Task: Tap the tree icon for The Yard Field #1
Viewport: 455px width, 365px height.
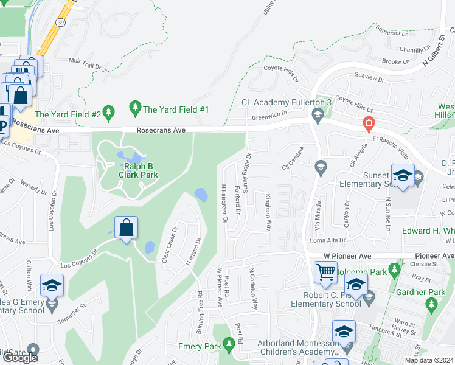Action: click(x=135, y=109)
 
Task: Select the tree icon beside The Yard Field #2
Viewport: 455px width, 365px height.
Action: click(x=109, y=111)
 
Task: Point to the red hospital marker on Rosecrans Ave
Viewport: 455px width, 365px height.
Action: click(x=367, y=124)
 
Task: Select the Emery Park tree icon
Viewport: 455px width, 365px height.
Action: click(x=229, y=344)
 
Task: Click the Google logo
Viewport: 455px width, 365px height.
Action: click(x=19, y=358)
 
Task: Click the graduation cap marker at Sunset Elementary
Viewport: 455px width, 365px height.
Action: click(x=402, y=175)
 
